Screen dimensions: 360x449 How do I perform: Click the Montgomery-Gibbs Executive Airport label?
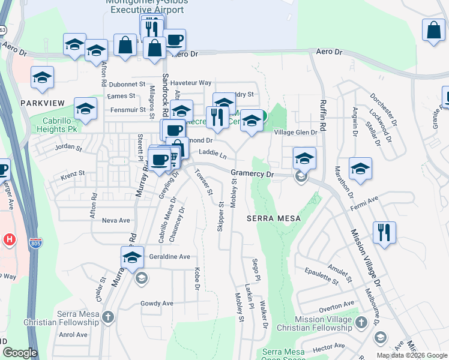point(147,6)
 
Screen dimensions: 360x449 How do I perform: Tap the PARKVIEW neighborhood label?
point(42,103)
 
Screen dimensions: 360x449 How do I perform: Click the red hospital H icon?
point(9,240)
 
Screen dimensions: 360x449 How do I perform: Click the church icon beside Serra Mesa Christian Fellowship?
point(107,316)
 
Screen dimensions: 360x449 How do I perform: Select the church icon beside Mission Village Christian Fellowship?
point(361,323)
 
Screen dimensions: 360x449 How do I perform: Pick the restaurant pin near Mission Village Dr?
point(384,232)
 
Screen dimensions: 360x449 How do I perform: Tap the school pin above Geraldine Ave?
point(132,257)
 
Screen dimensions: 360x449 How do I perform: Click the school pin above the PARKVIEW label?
point(43,78)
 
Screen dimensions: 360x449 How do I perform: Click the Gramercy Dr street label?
point(252,173)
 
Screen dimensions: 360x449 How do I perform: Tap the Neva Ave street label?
point(116,220)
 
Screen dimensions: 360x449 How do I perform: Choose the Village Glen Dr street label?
point(295,132)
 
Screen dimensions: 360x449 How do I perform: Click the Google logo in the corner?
point(20,353)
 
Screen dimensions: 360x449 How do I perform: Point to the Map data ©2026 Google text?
point(411,355)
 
